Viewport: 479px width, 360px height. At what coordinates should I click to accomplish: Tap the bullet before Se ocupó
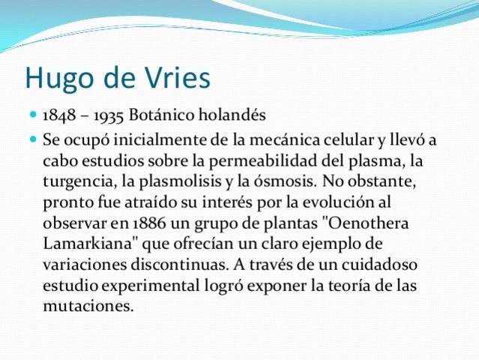pos(33,139)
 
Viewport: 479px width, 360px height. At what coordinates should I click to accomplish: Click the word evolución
pos(336,202)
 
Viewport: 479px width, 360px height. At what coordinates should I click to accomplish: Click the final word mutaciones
pos(88,306)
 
